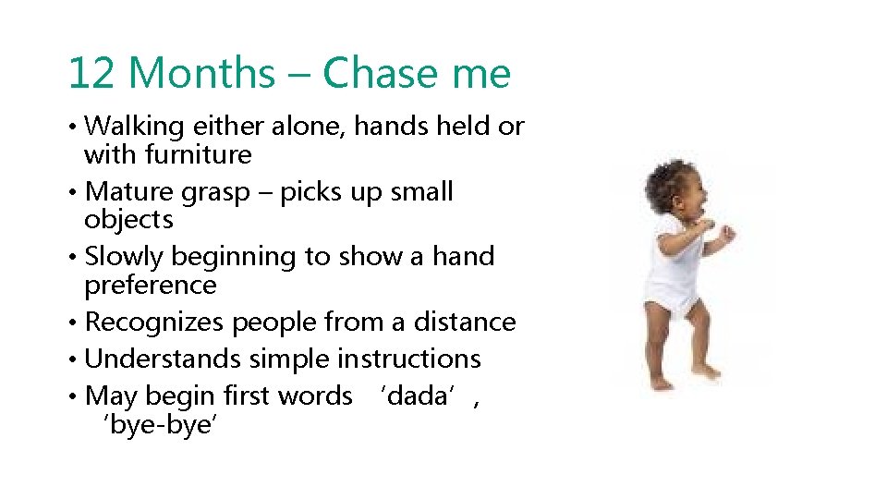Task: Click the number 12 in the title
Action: tap(91, 73)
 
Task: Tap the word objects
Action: tap(128, 220)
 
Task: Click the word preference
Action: tap(151, 286)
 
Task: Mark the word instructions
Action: tap(409, 359)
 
